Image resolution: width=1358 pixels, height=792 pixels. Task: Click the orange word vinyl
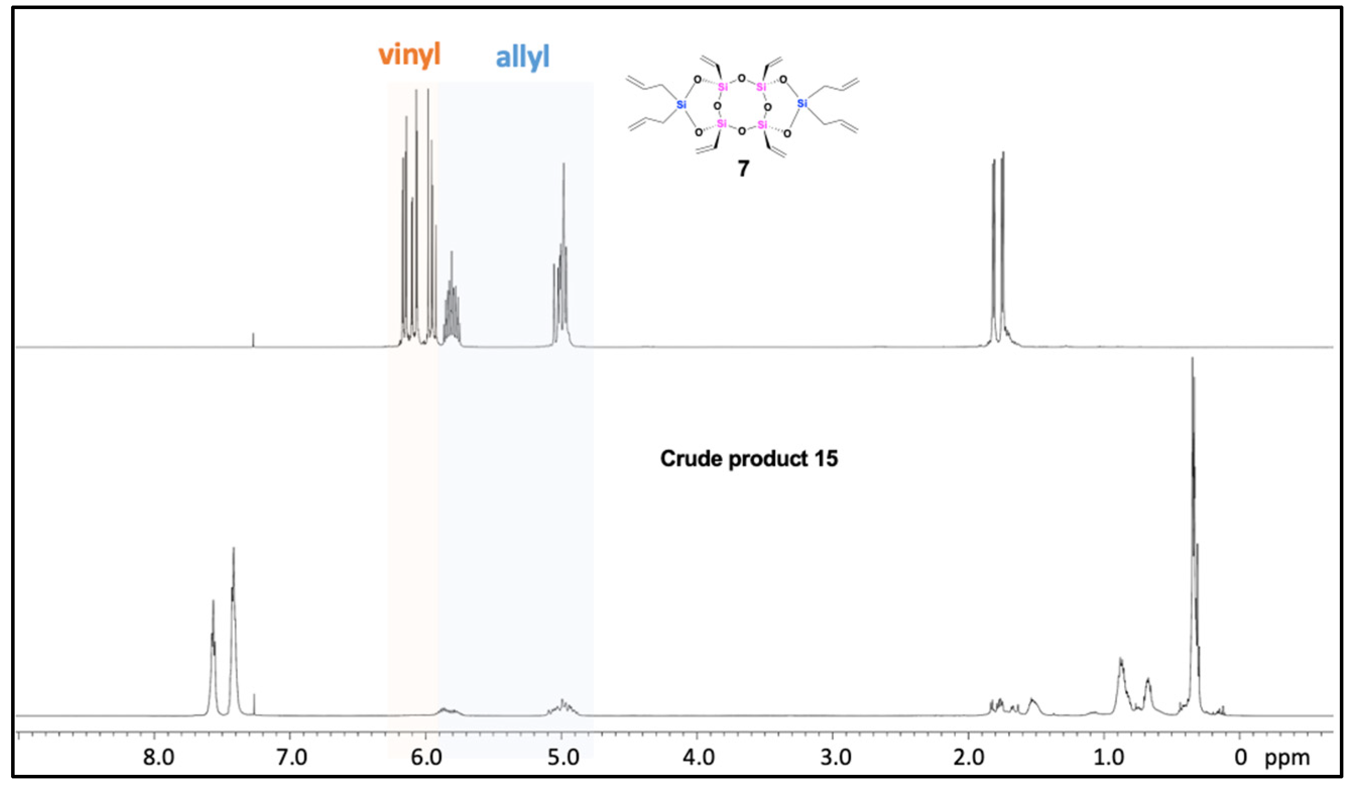point(409,54)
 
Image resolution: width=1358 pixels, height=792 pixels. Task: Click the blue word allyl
point(522,56)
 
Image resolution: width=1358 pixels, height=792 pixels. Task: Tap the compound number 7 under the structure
point(743,169)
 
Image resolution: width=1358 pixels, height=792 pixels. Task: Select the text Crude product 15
point(749,458)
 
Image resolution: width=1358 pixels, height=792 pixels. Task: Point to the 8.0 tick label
point(158,758)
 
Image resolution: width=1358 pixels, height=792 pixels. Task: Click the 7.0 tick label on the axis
point(291,758)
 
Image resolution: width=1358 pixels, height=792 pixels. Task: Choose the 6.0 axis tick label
point(427,758)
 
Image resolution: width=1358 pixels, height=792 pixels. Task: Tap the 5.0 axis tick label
point(563,758)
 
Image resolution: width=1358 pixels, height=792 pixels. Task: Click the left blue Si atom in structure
point(682,104)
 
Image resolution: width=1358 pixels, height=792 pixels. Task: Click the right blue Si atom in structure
point(802,103)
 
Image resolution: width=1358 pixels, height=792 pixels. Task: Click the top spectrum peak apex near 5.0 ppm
point(564,164)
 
